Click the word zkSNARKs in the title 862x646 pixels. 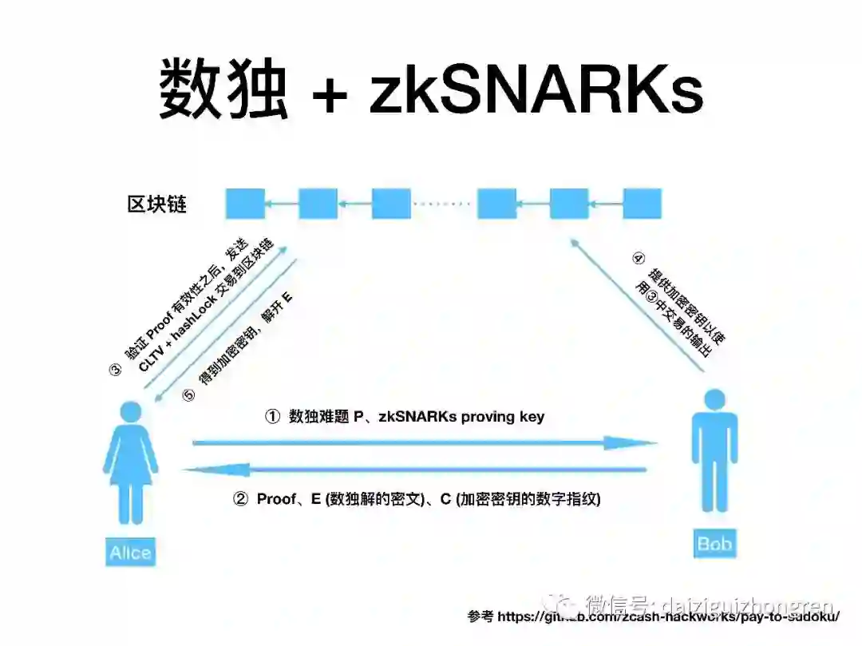coord(536,89)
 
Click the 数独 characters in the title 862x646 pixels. coord(223,89)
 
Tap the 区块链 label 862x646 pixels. coord(157,204)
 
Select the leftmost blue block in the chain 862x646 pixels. coord(244,204)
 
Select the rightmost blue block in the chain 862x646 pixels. coord(642,204)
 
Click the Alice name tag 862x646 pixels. coord(130,553)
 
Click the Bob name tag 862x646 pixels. coord(714,545)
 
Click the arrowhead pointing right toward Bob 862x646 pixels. coord(639,442)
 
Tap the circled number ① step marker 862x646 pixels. coord(273,417)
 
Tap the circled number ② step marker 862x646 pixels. coord(240,499)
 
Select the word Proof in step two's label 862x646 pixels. coord(277,499)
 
